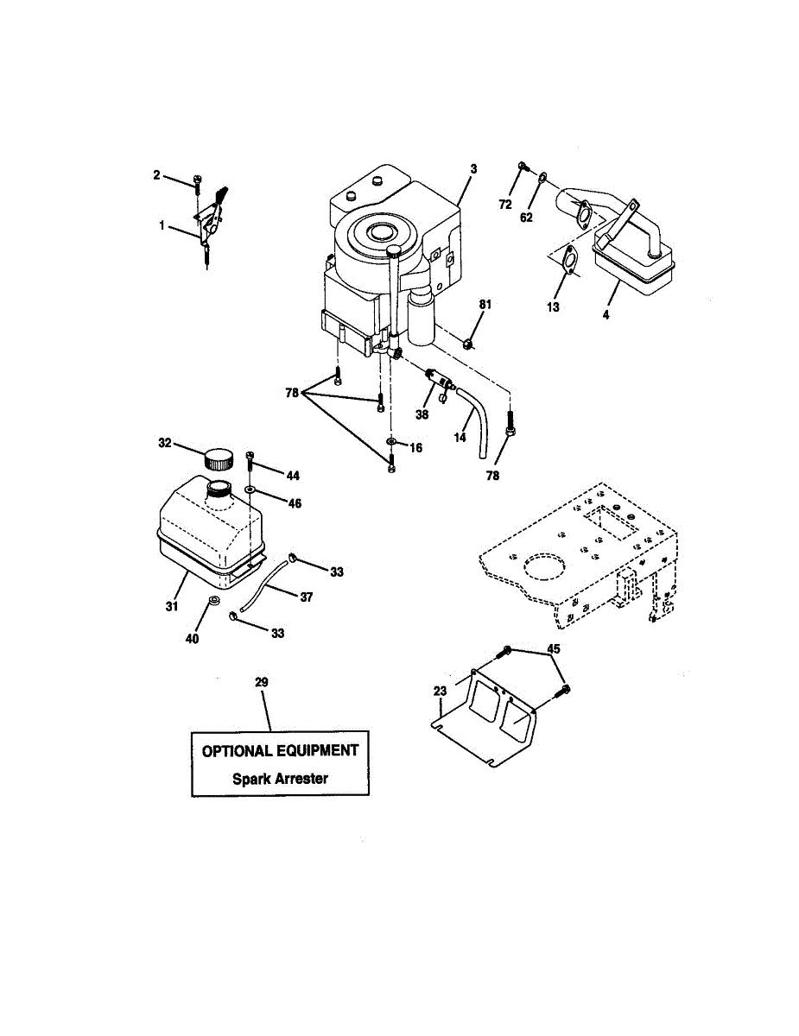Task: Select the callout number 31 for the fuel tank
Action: tap(171, 608)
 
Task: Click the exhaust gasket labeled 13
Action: tap(567, 262)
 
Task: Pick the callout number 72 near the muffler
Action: tap(505, 204)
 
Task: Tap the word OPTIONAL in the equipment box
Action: tap(237, 751)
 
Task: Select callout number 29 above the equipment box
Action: tap(262, 682)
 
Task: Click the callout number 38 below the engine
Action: tap(422, 414)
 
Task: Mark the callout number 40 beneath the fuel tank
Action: tap(193, 639)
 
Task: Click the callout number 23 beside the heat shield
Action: tap(441, 691)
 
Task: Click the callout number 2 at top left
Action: tap(156, 175)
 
